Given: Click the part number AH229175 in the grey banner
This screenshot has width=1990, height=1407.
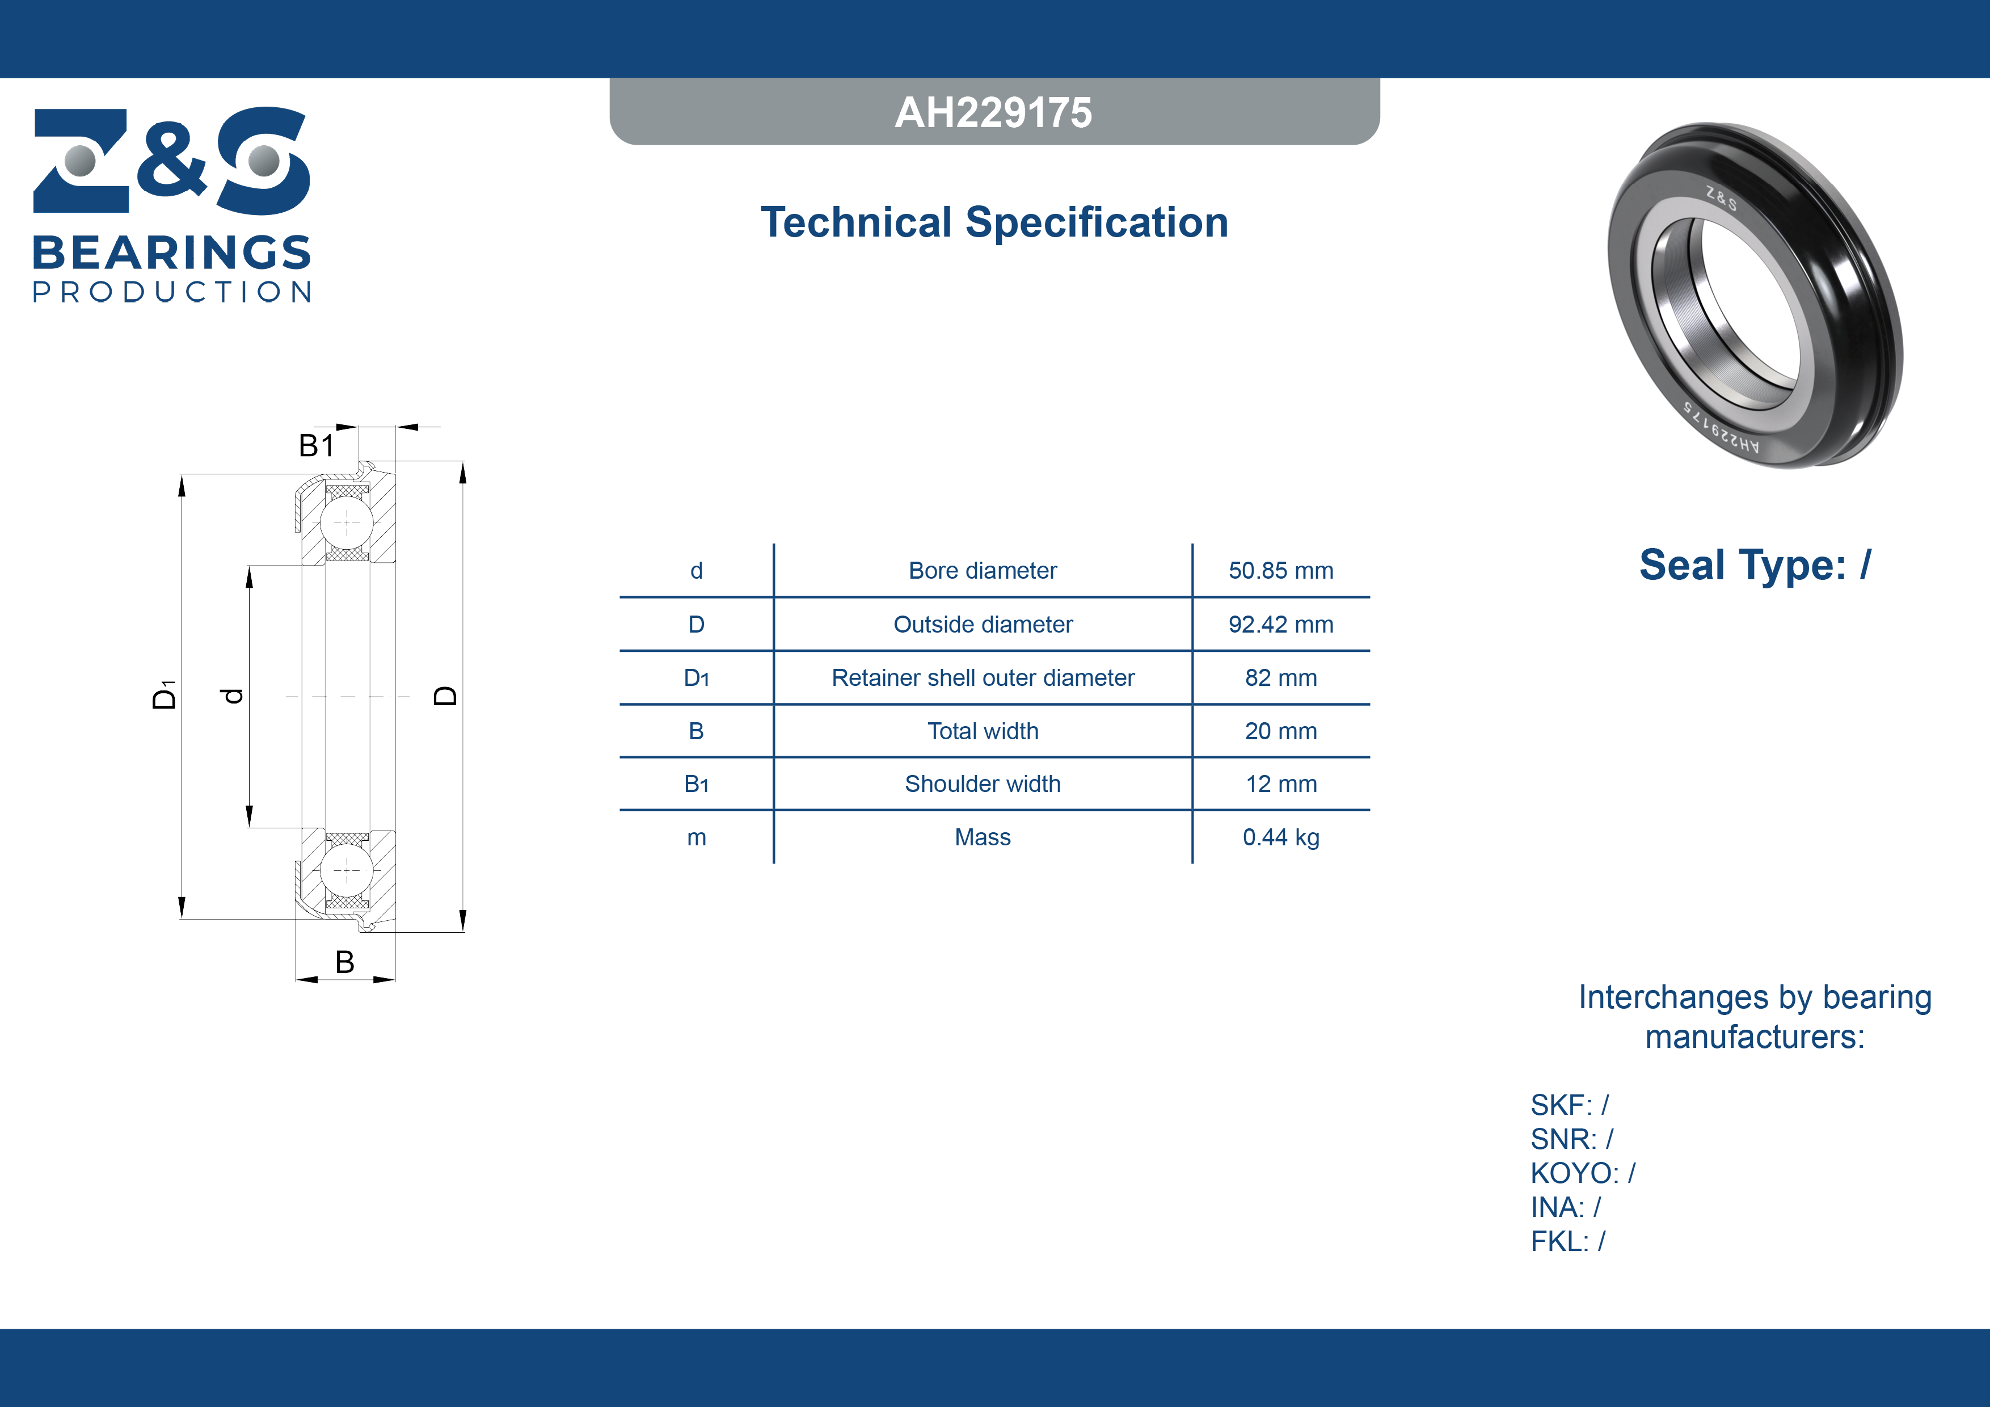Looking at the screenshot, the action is point(993,113).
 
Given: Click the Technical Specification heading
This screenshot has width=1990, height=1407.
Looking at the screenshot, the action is point(994,223).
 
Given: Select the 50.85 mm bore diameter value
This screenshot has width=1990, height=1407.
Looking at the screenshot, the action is point(1281,570).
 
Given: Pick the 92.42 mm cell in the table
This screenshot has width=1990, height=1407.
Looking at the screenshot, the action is point(1281,624).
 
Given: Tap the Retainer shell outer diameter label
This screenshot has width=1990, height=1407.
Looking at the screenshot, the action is point(983,678).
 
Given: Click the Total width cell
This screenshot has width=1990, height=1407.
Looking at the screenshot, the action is point(983,731).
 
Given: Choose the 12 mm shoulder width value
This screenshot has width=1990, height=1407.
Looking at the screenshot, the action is point(1281,783).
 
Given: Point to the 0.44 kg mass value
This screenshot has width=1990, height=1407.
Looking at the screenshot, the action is point(1281,837).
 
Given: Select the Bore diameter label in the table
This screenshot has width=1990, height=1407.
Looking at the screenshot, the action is point(983,570).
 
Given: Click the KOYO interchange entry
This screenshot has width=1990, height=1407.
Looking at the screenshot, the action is point(1583,1173).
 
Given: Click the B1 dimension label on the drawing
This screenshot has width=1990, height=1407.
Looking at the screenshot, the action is point(317,445).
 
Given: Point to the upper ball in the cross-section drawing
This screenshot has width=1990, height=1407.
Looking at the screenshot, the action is point(347,523).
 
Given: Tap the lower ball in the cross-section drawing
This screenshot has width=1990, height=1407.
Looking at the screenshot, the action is point(347,870).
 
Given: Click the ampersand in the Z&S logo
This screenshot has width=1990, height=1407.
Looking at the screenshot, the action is point(172,158).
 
